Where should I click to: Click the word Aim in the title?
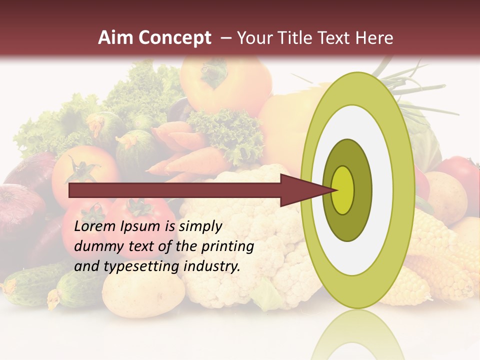click(x=116, y=38)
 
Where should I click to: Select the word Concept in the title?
click(x=175, y=38)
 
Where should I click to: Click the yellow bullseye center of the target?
click(x=343, y=190)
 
